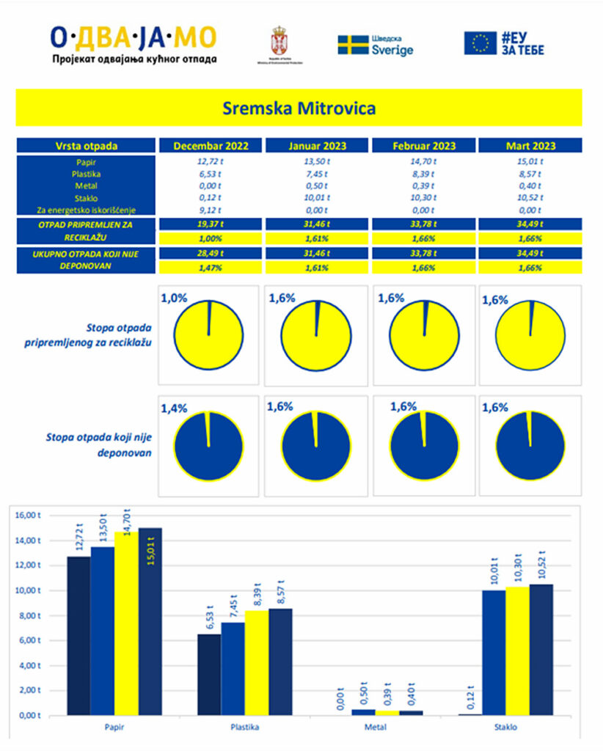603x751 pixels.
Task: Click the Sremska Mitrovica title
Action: click(x=299, y=109)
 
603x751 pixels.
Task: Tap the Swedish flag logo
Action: click(x=353, y=45)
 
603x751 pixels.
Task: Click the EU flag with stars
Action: click(x=480, y=43)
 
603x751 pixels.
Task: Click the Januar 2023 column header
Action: click(x=317, y=146)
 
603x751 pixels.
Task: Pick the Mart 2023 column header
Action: click(x=530, y=146)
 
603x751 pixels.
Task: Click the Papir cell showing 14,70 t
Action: click(x=423, y=161)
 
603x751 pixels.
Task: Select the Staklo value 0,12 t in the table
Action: click(x=211, y=197)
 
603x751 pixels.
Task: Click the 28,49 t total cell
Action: click(x=211, y=253)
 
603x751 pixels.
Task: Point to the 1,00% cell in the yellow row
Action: click(x=211, y=239)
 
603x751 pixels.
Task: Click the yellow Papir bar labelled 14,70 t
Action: click(x=126, y=623)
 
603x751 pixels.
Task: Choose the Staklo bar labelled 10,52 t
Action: click(x=541, y=649)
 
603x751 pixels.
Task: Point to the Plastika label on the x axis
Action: click(x=244, y=728)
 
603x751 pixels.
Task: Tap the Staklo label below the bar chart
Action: click(x=506, y=728)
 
